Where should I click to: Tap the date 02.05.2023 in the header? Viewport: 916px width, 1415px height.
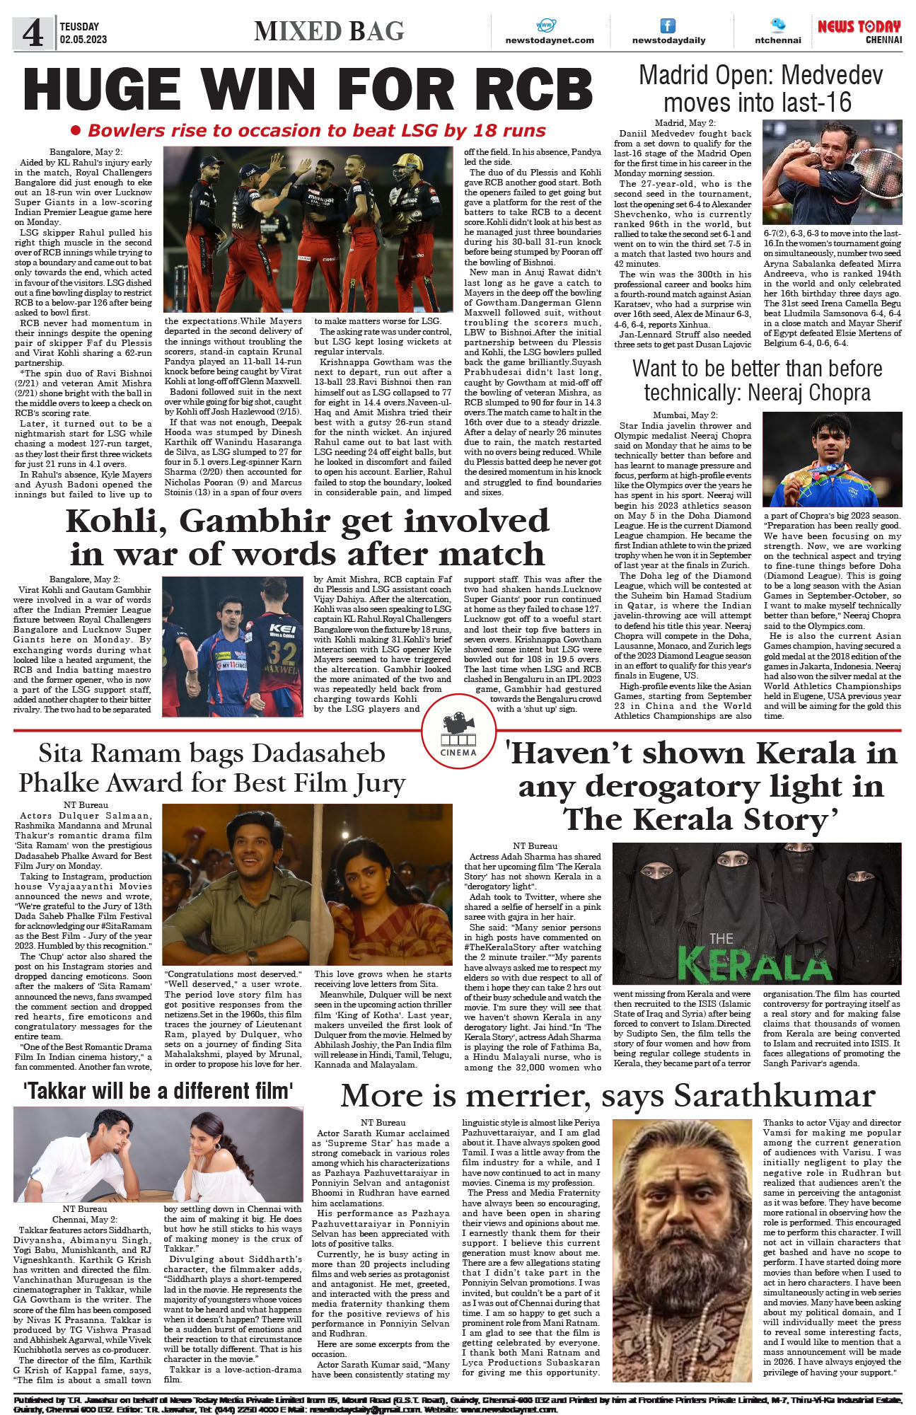(83, 40)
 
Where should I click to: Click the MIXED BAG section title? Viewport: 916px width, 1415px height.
(329, 31)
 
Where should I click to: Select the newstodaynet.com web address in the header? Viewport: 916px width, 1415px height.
(550, 40)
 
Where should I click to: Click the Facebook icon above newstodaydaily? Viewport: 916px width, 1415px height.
(667, 26)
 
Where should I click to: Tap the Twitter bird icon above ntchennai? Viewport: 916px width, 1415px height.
(778, 25)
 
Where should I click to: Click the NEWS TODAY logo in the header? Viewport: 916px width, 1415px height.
(859, 27)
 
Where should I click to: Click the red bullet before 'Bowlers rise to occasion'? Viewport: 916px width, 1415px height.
(76, 131)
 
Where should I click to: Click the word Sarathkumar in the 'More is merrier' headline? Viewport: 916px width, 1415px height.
(775, 1096)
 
